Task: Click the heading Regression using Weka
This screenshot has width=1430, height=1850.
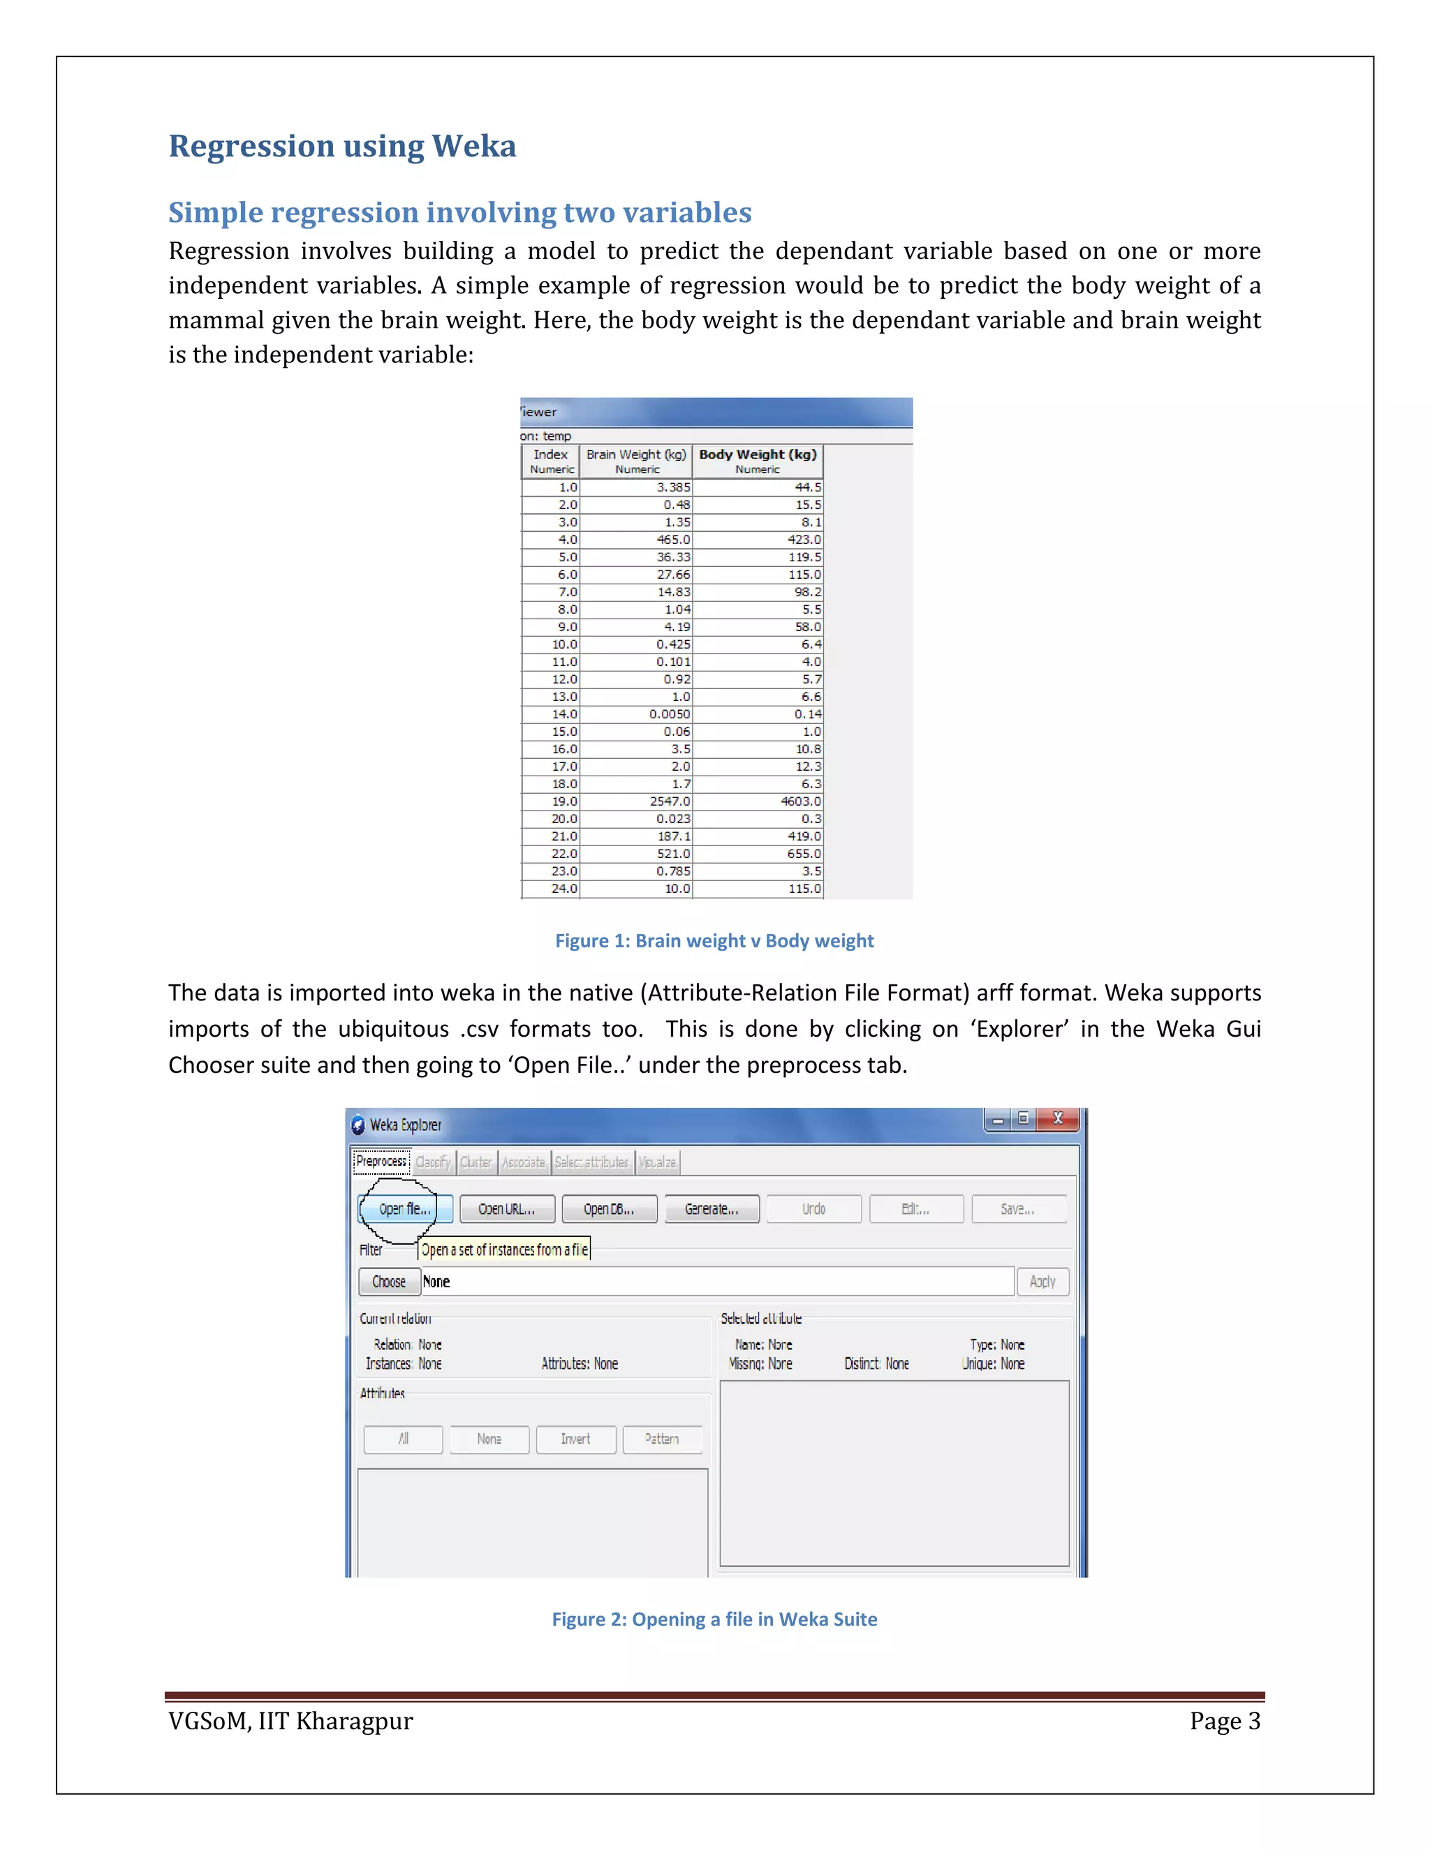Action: click(x=342, y=147)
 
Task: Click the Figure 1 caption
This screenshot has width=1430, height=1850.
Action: click(x=714, y=940)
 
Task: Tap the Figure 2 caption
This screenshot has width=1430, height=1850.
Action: click(x=714, y=1619)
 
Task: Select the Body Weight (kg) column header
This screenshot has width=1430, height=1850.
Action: click(x=758, y=461)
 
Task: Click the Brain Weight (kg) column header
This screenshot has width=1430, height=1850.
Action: click(x=636, y=461)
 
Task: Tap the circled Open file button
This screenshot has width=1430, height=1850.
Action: click(x=405, y=1208)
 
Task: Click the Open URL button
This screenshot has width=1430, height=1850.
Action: click(x=507, y=1208)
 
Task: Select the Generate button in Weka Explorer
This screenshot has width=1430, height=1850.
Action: click(x=712, y=1208)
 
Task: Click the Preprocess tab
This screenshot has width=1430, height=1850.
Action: click(x=381, y=1162)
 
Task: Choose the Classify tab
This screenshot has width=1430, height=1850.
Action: click(x=433, y=1162)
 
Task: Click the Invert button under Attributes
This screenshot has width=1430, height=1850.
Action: click(x=575, y=1440)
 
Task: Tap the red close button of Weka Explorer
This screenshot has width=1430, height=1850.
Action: click(x=1057, y=1119)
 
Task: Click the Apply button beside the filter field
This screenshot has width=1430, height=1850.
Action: click(x=1043, y=1282)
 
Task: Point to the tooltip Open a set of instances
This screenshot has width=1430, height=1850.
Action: click(x=505, y=1250)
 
